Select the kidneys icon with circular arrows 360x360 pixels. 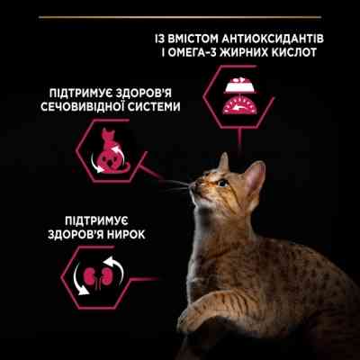[89, 274]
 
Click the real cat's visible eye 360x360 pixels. [222, 183]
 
